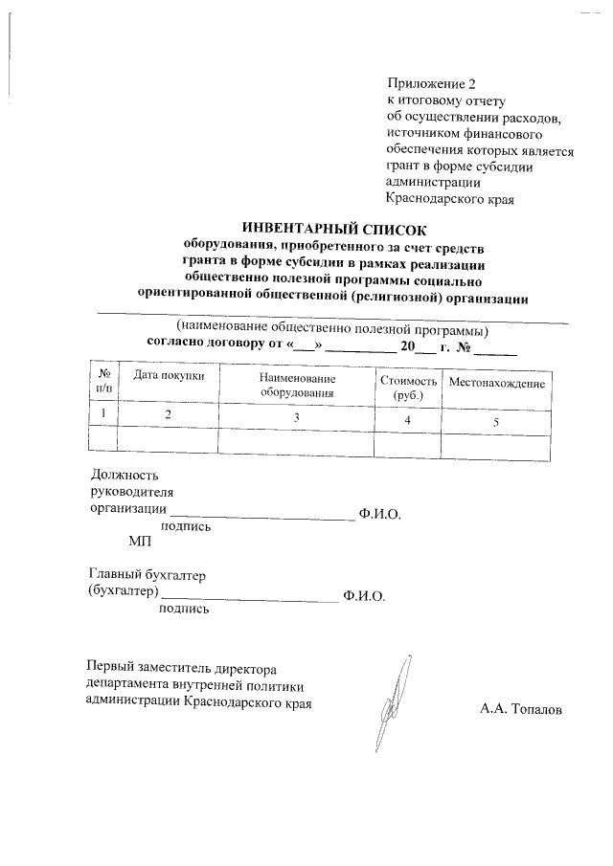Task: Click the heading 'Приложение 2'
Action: pyautogui.click(x=430, y=83)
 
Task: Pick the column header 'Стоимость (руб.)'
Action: pyautogui.click(x=402, y=388)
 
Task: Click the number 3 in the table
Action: pyautogui.click(x=296, y=417)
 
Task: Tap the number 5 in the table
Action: pyautogui.click(x=495, y=422)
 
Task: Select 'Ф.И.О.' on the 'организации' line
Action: pyautogui.click(x=379, y=514)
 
